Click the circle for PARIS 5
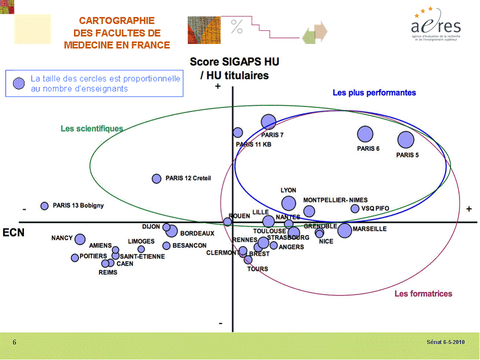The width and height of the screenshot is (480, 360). tap(405, 140)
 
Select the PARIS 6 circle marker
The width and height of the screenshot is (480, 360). tap(365, 134)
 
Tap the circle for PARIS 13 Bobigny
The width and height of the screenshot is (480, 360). tap(44, 205)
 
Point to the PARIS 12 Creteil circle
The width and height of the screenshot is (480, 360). tap(156, 178)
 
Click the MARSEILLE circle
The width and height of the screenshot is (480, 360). tap(344, 230)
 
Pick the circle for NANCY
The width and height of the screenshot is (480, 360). tap(80, 239)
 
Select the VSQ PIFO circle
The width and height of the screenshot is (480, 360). tap(355, 208)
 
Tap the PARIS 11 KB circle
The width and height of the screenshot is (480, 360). tap(238, 132)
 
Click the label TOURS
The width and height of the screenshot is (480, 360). tap(257, 269)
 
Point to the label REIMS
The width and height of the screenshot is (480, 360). tap(108, 272)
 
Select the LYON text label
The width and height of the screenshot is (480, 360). tap(288, 190)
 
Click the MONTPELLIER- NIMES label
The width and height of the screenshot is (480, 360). tap(335, 200)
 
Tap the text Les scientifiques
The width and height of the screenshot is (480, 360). tap(92, 128)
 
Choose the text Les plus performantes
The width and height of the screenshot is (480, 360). tap(374, 92)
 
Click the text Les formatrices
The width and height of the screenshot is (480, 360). tap(423, 293)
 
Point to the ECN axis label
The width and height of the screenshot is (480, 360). tap(13, 232)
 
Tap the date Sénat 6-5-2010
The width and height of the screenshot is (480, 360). tap(445, 342)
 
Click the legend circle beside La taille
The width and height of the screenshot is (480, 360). tap(19, 83)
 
